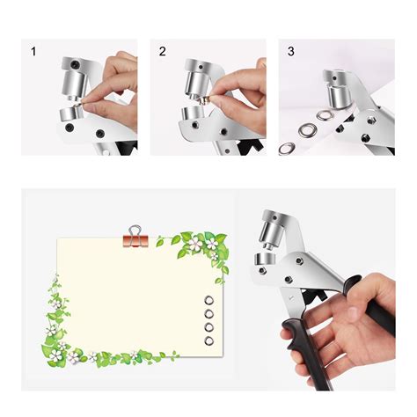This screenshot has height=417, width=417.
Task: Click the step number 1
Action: (33, 52)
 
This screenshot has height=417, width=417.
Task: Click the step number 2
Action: (163, 52)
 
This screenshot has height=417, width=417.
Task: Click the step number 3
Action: (292, 52)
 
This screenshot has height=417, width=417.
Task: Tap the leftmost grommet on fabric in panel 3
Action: (287, 148)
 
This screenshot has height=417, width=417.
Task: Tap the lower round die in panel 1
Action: (69, 118)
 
